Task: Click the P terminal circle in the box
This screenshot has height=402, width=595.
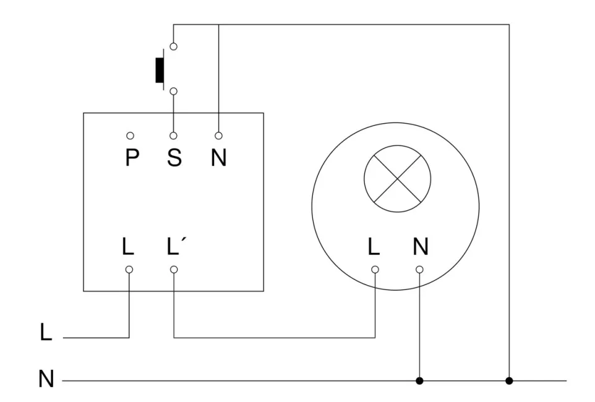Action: [129, 135]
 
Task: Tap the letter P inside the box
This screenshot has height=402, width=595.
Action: [131, 158]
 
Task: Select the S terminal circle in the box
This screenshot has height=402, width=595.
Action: [174, 135]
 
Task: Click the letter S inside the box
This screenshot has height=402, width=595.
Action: [174, 158]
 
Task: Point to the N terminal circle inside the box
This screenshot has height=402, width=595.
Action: [218, 135]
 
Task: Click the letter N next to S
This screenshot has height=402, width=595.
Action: [218, 158]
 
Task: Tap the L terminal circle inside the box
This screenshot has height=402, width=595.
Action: [129, 269]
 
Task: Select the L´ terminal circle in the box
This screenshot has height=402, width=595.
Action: [174, 269]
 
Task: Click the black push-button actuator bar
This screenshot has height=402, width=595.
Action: [159, 69]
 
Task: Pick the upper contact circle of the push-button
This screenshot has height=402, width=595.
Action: [174, 46]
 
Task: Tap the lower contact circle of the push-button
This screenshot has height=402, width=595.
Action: [174, 92]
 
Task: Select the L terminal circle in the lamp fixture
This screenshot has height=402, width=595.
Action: [375, 269]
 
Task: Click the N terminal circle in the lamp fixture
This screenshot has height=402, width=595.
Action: [419, 269]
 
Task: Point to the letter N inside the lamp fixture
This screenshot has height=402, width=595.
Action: [420, 246]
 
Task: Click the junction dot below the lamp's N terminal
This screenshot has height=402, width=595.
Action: [419, 380]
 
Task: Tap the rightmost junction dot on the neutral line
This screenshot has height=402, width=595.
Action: [509, 380]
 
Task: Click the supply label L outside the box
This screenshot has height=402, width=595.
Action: [46, 333]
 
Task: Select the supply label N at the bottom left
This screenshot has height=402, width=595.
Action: [46, 378]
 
